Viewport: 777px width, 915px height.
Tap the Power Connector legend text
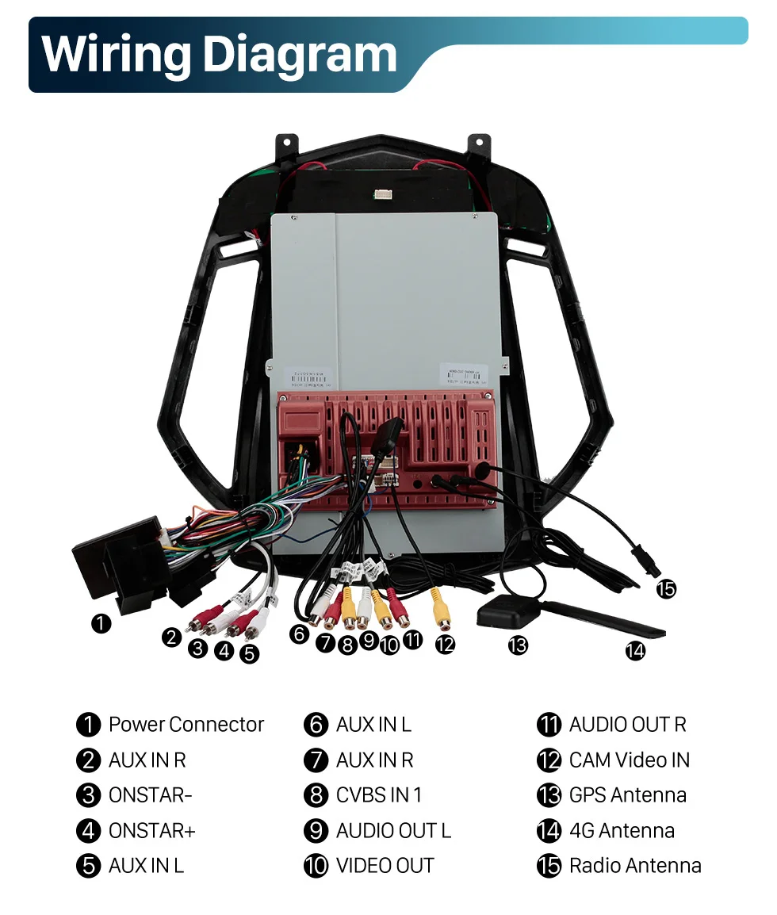186,725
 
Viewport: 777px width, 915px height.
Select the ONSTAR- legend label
151,795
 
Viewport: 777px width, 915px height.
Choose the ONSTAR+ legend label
151,830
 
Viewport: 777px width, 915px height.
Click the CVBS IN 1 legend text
379,795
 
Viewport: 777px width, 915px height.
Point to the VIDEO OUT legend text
385,865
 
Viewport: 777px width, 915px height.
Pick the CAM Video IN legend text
629,760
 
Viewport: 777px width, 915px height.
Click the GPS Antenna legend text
627,795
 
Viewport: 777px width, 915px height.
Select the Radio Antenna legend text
634,865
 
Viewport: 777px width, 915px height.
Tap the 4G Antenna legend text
622,830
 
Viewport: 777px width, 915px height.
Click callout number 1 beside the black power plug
101,624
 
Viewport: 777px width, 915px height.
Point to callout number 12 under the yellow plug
446,645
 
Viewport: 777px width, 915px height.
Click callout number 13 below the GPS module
518,645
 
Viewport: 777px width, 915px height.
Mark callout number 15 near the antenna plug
666,588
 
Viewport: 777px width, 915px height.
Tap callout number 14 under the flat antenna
635,651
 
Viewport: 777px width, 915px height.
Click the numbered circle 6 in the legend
316,725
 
